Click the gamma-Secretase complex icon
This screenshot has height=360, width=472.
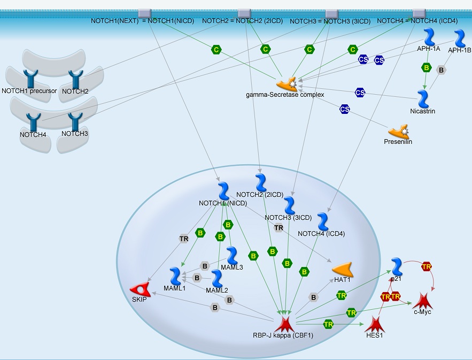click(287, 83)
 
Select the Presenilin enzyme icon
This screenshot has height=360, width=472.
click(399, 131)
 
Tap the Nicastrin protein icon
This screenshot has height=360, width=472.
click(423, 99)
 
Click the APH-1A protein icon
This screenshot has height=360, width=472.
click(429, 37)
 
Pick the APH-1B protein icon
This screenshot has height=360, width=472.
click(460, 39)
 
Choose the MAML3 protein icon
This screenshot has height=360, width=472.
click(232, 256)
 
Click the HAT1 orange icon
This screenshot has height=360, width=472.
click(342, 270)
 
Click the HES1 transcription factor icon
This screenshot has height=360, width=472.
click(375, 324)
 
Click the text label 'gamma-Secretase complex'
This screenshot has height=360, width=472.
click(285, 95)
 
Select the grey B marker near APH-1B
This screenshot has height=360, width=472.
click(441, 70)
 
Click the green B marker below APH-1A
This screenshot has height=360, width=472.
click(426, 68)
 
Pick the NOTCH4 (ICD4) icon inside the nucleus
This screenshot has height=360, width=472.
click(322, 222)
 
